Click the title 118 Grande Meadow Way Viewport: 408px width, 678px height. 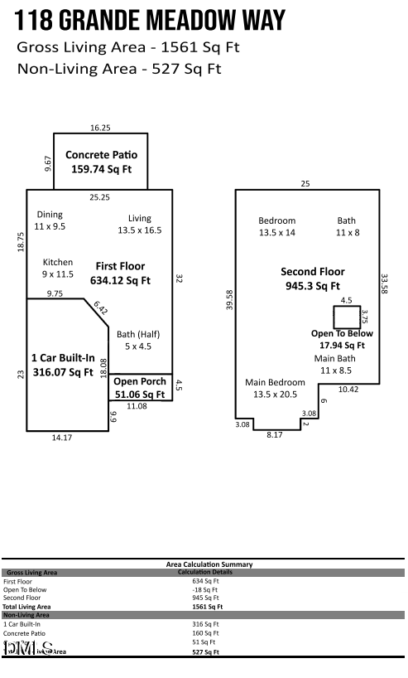pyautogui.click(x=151, y=20)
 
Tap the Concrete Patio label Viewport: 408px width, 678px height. pyautogui.click(x=101, y=162)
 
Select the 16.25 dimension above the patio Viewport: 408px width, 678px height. pyautogui.click(x=100, y=128)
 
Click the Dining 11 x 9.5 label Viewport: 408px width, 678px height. pyautogui.click(x=50, y=220)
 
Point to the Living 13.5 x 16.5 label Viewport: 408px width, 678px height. pyautogui.click(x=139, y=224)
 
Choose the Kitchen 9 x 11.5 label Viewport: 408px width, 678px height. pyautogui.click(x=58, y=268)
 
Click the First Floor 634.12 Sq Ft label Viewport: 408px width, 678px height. pyautogui.click(x=120, y=273)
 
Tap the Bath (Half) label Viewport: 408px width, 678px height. pyautogui.click(x=138, y=340)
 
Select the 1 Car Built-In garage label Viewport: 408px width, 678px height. pyautogui.click(x=62, y=365)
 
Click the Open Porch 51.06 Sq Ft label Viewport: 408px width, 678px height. pyautogui.click(x=140, y=388)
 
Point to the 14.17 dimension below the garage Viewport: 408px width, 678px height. pyautogui.click(x=62, y=438)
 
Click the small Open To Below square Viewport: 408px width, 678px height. pyautogui.click(x=346, y=317)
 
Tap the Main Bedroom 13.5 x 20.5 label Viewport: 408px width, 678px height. pyautogui.click(x=275, y=388)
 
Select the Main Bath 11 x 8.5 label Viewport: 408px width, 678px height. pyautogui.click(x=335, y=364)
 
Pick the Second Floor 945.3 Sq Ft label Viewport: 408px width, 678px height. pyautogui.click(x=312, y=278)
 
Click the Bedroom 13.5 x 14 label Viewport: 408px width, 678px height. pyautogui.click(x=276, y=226)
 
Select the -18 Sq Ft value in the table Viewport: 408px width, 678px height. pyautogui.click(x=204, y=589)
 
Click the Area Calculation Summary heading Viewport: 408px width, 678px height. pyautogui.click(x=204, y=564)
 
